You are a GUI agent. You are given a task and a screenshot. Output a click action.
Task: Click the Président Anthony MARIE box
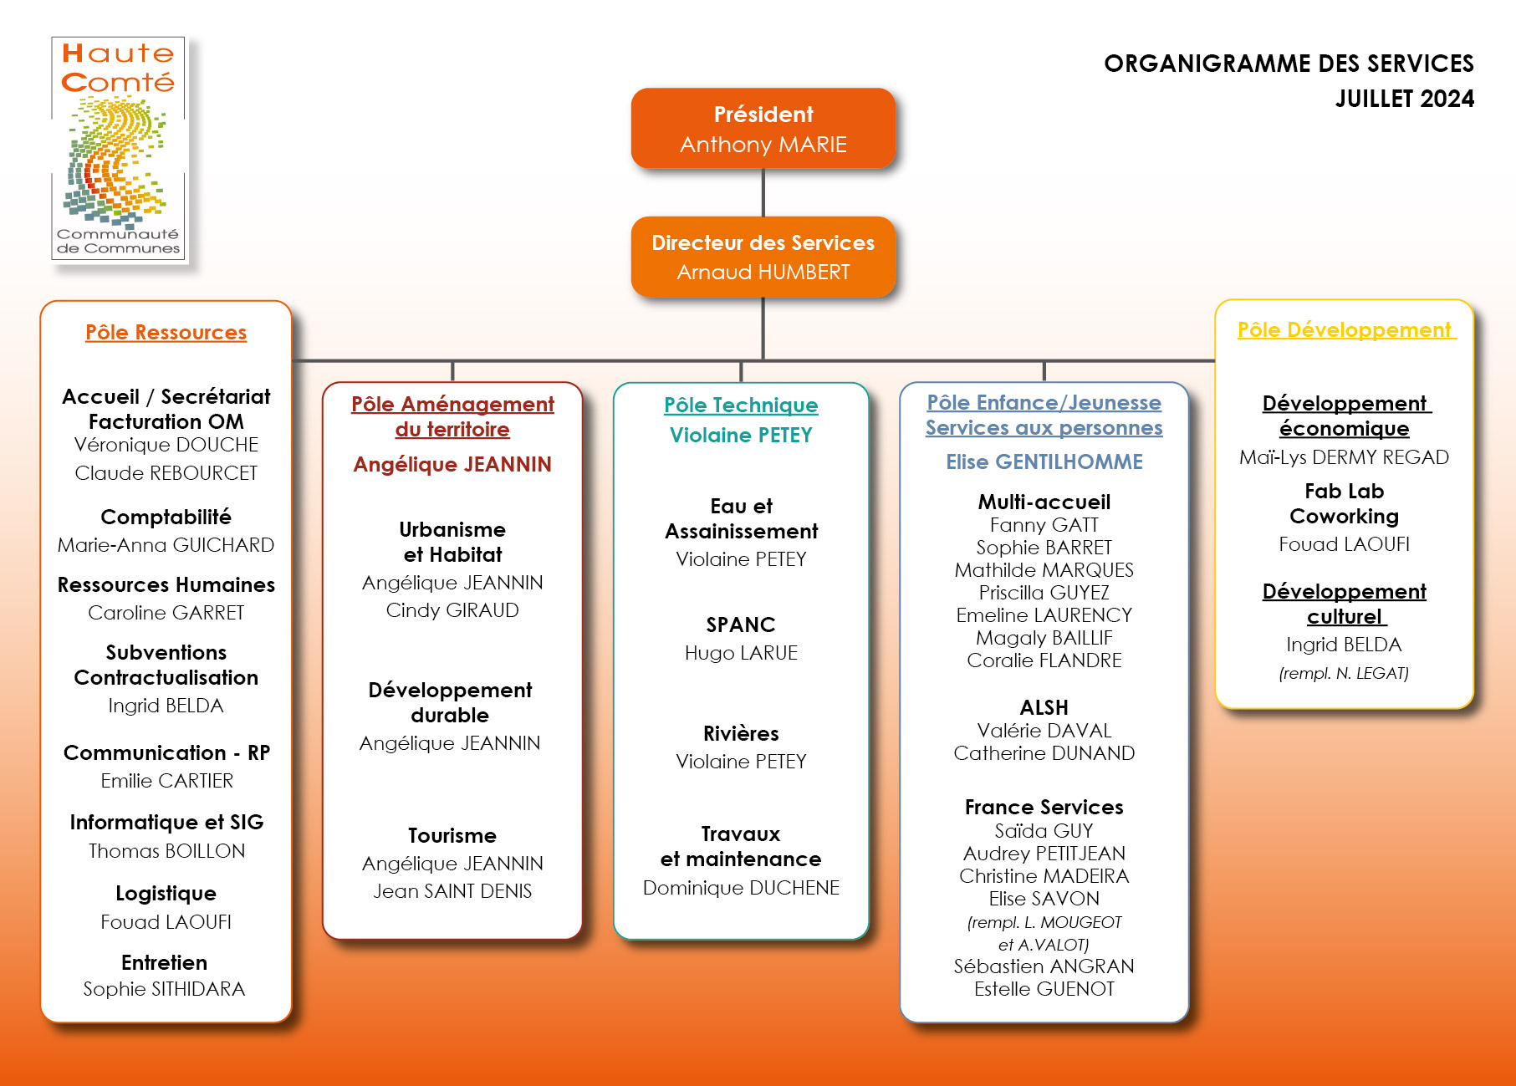point(763,128)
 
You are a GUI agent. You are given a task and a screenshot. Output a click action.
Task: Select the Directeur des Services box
point(763,257)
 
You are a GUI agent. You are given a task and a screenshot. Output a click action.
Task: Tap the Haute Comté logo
point(118,148)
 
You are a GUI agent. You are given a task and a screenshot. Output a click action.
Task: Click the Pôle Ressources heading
point(166,332)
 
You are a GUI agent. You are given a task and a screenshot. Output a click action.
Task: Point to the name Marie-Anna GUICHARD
point(166,545)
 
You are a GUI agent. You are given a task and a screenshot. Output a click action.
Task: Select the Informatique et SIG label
point(166,822)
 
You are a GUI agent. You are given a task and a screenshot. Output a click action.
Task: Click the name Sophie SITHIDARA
point(165,989)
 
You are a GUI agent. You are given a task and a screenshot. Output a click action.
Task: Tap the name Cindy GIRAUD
point(452,610)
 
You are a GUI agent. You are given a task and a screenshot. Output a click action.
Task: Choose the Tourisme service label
point(452,835)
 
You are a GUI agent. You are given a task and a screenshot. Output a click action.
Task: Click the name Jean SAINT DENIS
point(452,891)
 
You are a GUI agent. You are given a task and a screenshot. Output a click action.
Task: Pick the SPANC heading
point(741,625)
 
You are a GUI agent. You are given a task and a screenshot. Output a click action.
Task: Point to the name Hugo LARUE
point(741,653)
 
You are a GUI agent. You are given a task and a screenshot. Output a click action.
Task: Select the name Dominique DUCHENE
point(741,888)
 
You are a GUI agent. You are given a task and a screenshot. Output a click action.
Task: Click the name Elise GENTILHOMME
point(1044,461)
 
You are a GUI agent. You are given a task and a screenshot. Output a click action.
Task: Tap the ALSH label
point(1044,707)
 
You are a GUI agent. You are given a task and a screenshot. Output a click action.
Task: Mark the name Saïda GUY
point(1044,831)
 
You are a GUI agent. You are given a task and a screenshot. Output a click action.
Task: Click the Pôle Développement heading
point(1345,329)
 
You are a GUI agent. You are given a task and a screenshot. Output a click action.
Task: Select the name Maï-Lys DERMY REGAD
point(1345,457)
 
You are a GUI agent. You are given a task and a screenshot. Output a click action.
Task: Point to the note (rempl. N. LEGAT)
point(1345,674)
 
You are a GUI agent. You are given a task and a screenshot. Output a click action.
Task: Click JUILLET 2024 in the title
point(1405,99)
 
